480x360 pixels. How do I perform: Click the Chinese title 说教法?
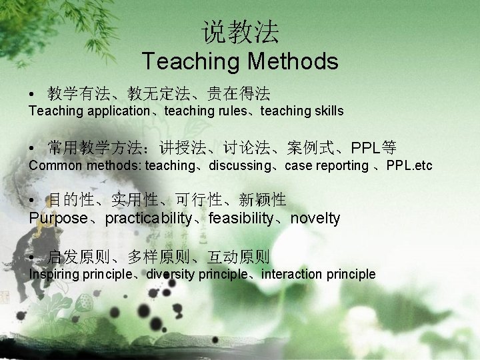coord(240,31)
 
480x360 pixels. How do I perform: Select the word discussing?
coord(242,165)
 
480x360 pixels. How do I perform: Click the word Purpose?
coord(59,218)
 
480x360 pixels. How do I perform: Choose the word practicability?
coord(147,218)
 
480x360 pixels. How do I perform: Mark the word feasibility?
coord(241,218)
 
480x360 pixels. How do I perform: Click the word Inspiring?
coord(54,275)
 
